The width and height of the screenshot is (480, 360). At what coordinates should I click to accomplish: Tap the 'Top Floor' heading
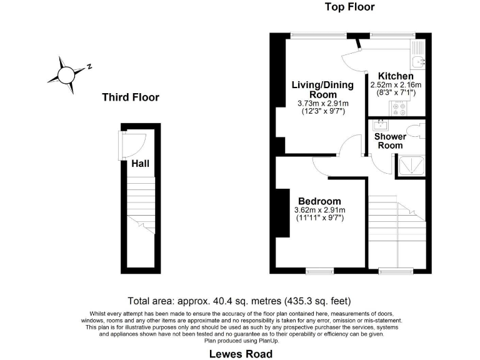[x=349, y=7]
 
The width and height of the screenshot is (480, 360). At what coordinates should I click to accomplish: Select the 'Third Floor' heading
[x=131, y=97]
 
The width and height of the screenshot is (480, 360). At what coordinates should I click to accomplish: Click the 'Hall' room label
[x=140, y=164]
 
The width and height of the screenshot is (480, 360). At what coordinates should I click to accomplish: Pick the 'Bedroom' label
[x=319, y=201]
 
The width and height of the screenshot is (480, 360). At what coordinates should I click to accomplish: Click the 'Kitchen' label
[x=396, y=76]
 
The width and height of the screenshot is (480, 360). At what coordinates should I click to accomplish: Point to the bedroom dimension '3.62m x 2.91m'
[x=319, y=210]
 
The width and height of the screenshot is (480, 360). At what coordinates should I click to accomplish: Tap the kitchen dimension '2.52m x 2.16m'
[x=396, y=85]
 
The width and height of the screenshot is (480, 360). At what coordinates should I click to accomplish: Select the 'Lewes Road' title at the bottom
[x=240, y=354]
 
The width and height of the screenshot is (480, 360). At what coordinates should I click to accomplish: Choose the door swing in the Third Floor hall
[x=134, y=145]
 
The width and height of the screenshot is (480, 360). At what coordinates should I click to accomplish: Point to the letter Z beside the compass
[x=89, y=66]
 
